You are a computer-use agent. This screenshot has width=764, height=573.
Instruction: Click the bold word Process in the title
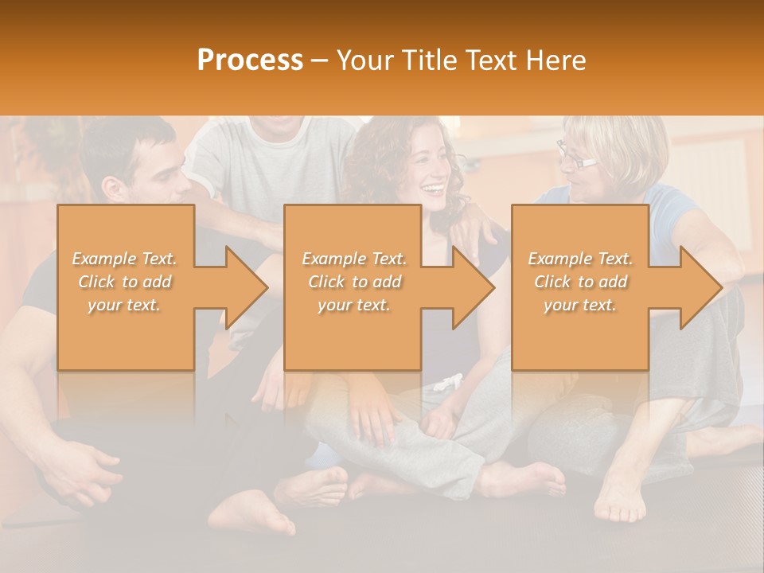(x=250, y=60)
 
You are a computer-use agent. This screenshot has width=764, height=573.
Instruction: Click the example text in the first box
(x=124, y=282)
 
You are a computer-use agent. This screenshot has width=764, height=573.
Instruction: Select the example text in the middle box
(x=354, y=282)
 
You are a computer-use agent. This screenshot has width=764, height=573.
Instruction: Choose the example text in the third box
(x=580, y=282)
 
